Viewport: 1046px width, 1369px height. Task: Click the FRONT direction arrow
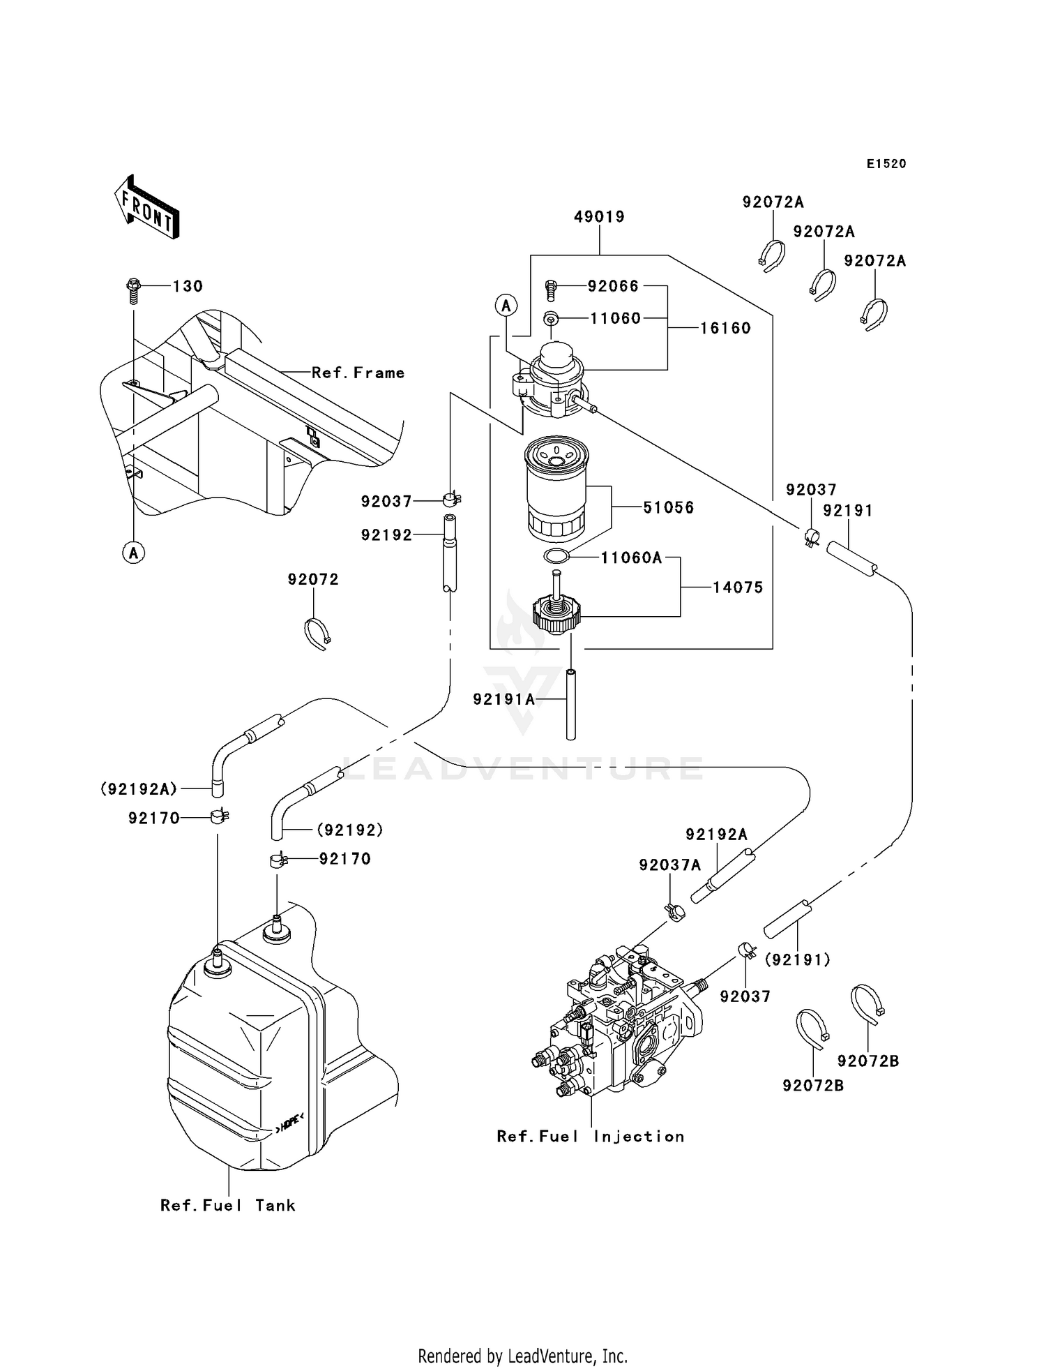(147, 208)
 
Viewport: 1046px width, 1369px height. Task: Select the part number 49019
(599, 217)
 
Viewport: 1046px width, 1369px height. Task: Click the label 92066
(613, 286)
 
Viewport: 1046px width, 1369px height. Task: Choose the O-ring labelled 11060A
(556, 556)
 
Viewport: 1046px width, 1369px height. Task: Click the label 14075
(737, 588)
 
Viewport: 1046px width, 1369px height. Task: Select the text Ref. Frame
(358, 373)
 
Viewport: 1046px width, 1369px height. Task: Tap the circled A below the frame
(133, 553)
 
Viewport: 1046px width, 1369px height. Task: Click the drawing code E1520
(886, 164)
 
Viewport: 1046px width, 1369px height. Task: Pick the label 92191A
(503, 699)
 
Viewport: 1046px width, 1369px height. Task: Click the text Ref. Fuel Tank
(228, 1205)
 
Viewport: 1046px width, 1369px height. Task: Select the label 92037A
(669, 865)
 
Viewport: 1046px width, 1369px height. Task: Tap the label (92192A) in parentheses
(139, 789)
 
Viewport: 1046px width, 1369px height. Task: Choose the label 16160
(725, 328)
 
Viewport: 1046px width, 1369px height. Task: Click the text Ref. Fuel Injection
(590, 1137)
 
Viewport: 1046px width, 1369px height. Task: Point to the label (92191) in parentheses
(798, 960)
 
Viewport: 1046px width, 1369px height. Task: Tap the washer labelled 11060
(551, 318)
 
